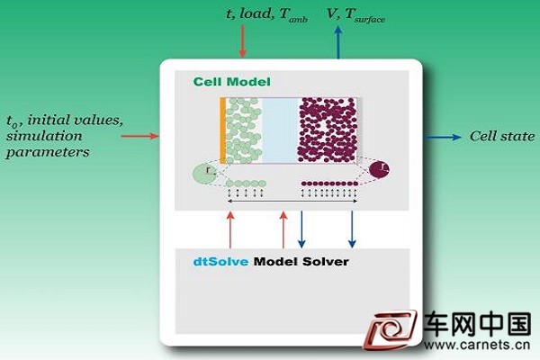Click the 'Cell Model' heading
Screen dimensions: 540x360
(232, 82)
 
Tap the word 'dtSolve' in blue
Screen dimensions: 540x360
(220, 262)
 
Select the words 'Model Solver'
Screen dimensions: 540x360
(301, 262)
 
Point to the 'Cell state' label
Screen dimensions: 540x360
(502, 137)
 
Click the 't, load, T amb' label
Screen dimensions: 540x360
(266, 15)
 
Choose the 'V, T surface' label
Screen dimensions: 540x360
(355, 15)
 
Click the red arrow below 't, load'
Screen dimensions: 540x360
(243, 40)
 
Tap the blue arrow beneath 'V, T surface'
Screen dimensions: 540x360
(338, 42)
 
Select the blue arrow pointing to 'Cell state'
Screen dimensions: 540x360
(442, 137)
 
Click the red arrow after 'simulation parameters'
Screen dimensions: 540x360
(139, 137)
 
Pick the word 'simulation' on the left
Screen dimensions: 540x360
(44, 136)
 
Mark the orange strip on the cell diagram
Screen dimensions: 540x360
(223, 130)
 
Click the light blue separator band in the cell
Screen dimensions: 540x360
(280, 130)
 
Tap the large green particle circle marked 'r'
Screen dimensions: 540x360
(204, 174)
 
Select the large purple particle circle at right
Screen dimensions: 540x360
(379, 169)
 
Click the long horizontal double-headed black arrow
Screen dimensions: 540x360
(292, 201)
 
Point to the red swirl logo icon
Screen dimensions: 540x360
(391, 329)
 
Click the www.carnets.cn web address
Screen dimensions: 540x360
(477, 345)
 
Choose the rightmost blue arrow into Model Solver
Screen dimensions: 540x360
(352, 229)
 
